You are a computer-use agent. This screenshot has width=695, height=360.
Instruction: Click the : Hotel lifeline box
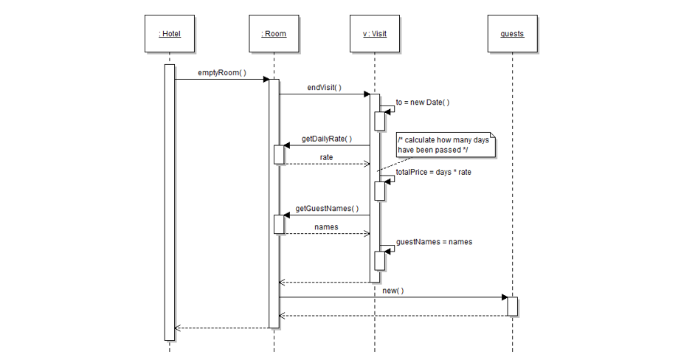tap(169, 34)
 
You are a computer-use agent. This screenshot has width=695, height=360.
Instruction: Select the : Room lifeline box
tap(274, 34)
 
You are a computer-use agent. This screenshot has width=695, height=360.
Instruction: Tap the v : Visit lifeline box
tap(375, 34)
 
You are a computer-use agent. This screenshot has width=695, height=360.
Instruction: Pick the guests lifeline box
tap(512, 34)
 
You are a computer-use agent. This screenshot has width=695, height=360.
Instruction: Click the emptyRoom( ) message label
tap(221, 73)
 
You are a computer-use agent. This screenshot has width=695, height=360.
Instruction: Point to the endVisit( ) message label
tap(324, 87)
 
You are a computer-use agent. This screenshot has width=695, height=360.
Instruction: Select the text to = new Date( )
tap(422, 103)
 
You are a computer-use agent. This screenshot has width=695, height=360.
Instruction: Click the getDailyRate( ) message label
tap(326, 139)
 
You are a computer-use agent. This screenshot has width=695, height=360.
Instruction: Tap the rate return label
tap(326, 157)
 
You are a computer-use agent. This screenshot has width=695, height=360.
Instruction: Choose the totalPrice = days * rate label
tap(433, 172)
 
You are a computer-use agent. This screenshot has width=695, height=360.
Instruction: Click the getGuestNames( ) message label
tap(326, 209)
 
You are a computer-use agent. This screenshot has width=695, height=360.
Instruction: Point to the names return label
tap(326, 226)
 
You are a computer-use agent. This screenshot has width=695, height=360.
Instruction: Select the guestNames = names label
tap(434, 242)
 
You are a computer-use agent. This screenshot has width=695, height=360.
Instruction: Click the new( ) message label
tap(393, 291)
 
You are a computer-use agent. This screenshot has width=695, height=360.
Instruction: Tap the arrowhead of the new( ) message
tap(504, 297)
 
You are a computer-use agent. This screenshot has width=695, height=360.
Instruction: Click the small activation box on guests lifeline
tap(512, 306)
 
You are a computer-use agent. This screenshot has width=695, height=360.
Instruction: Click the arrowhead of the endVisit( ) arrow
tap(366, 94)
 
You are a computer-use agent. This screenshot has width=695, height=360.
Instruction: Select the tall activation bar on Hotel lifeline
tap(169, 202)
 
